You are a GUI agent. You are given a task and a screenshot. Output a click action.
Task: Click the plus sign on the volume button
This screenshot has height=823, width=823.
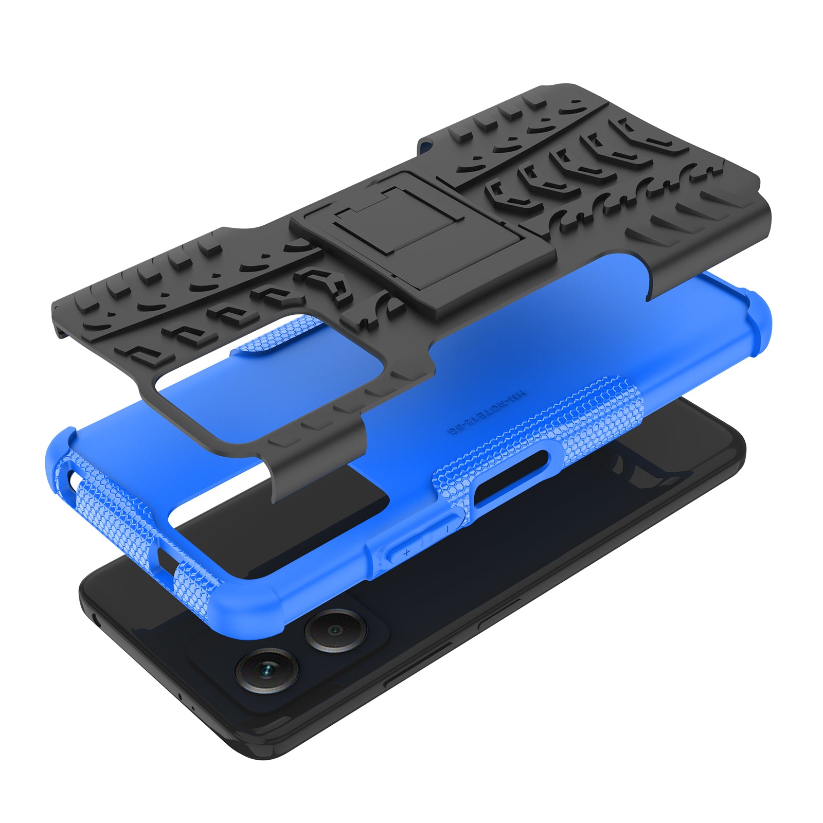pyautogui.click(x=406, y=552)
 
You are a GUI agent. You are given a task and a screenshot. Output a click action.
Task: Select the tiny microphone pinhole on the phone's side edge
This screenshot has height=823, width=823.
pyautogui.click(x=180, y=696)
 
